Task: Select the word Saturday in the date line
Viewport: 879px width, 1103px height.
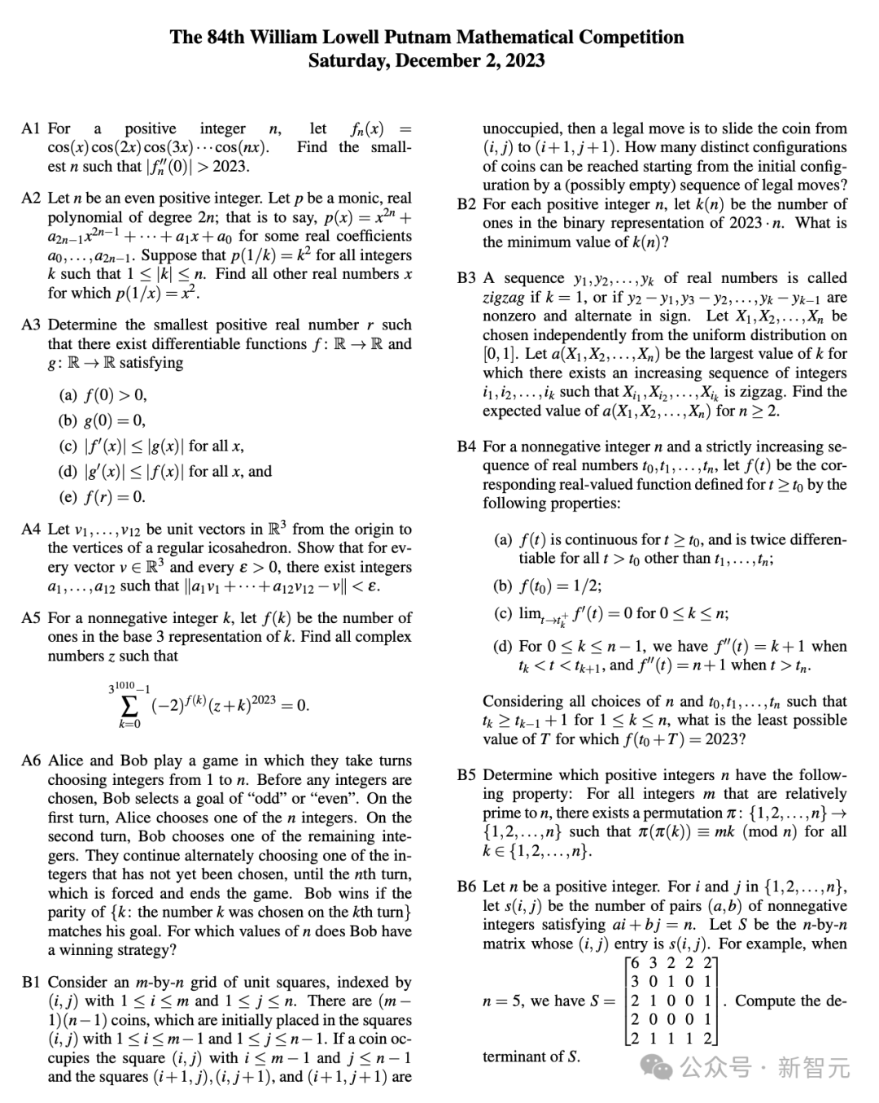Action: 349,61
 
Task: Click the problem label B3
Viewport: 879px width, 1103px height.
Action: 466,278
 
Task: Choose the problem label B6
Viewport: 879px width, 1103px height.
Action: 466,887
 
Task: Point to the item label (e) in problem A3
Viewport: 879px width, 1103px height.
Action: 68,497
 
